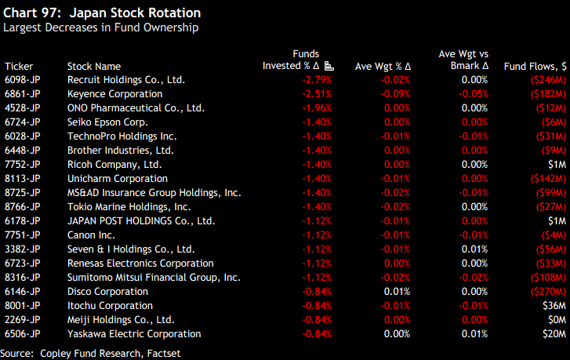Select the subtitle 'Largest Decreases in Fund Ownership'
pos(100,28)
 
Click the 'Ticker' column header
pos(19,67)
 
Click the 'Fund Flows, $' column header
pos(536,67)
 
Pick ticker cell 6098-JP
pos(23,80)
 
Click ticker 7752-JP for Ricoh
pos(23,165)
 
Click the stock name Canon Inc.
pos(91,235)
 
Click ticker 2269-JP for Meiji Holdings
pos(23,320)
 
